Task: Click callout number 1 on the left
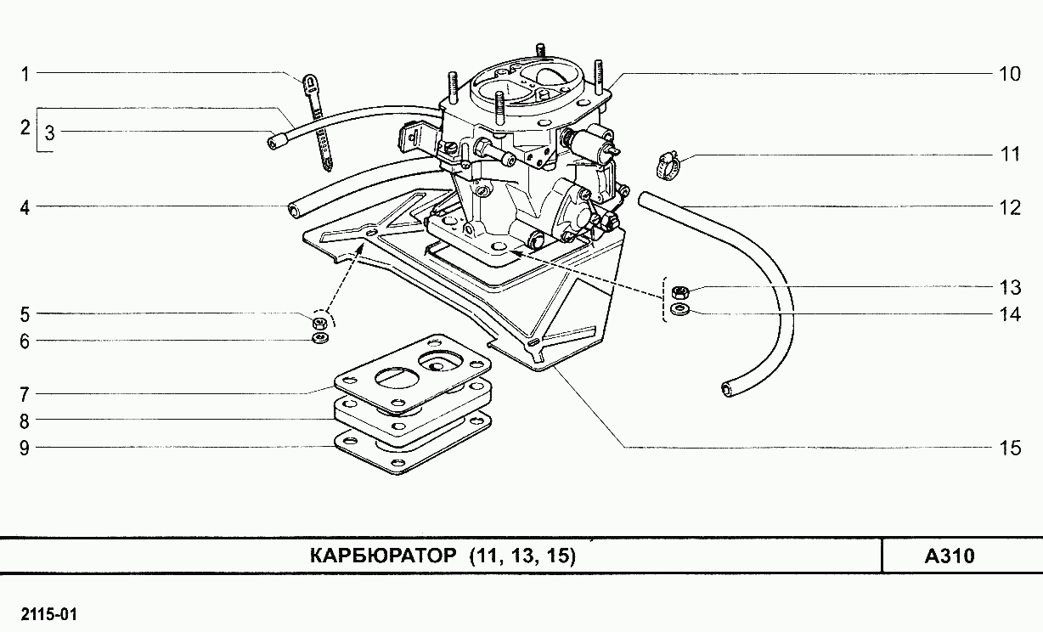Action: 25,74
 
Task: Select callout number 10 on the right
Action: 1009,74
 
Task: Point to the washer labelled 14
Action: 679,311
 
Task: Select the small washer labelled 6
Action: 320,339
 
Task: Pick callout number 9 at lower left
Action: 25,448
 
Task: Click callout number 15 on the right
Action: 1009,448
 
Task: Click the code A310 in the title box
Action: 950,557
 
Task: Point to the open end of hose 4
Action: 293,210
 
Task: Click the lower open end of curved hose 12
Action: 727,389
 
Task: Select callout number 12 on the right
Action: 1009,206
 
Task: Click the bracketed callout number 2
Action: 25,129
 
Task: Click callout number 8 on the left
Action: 25,420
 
